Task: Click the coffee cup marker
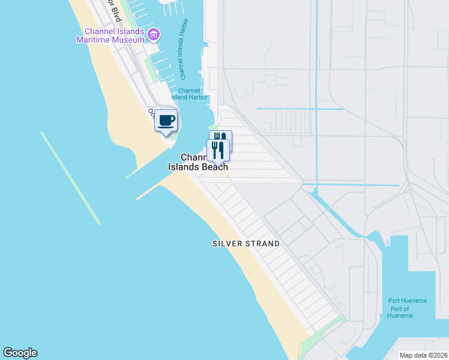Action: coord(166,120)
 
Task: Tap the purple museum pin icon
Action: coord(154,35)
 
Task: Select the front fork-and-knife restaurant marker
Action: coord(217,149)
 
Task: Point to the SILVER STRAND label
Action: coord(246,244)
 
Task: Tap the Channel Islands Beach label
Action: coord(198,162)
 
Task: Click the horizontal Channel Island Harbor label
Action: coord(190,94)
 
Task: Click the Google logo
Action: coord(20,353)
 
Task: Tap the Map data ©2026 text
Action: coord(423,355)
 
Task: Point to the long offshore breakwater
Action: coord(70,178)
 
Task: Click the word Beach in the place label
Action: coord(214,167)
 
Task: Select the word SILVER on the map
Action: coord(227,244)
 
